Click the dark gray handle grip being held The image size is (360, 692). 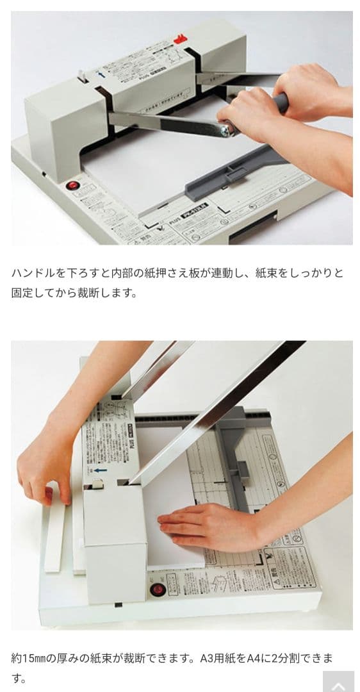pyautogui.click(x=279, y=103)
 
